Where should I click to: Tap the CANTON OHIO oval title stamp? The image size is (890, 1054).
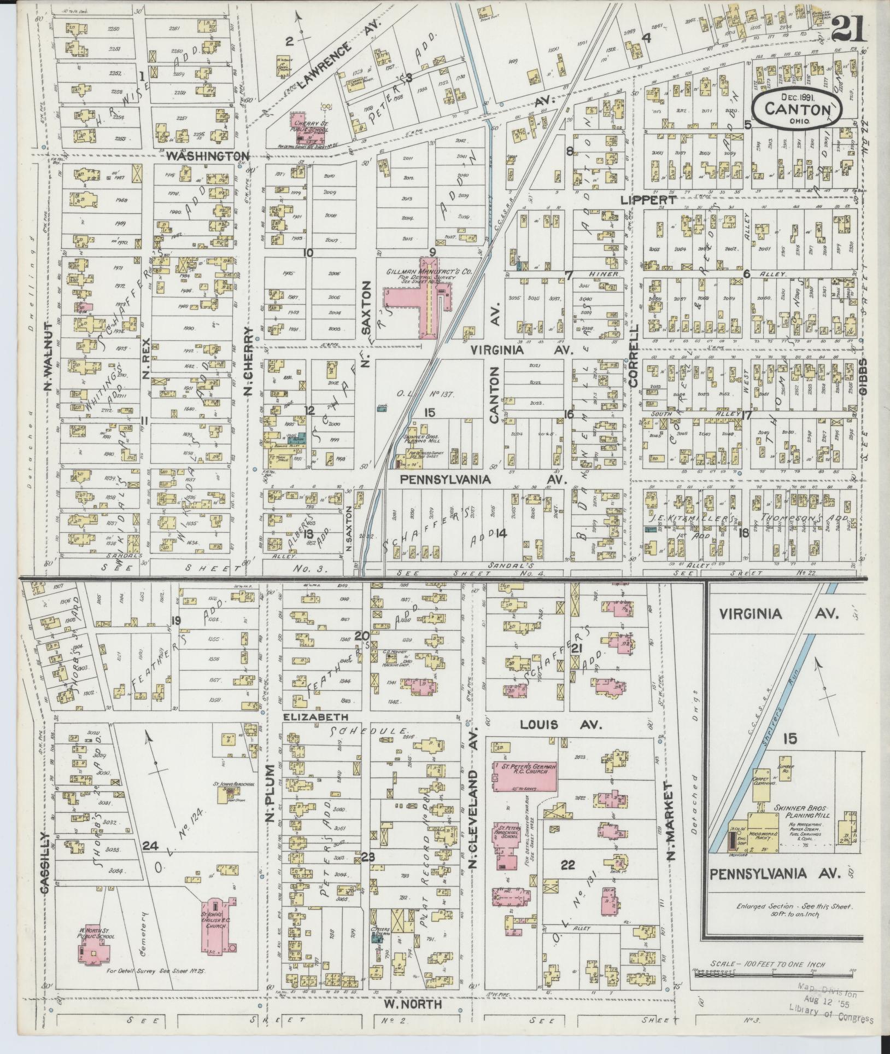tap(798, 108)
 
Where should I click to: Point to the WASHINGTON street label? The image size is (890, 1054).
tap(208, 156)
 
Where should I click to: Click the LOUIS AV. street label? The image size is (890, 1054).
tap(561, 725)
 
